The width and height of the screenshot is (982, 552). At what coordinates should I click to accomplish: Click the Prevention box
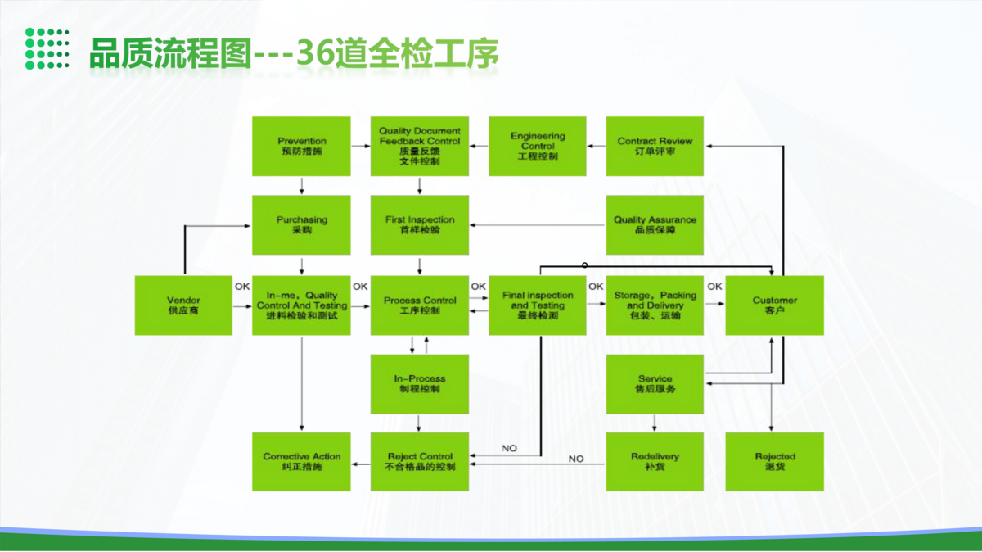pos(301,146)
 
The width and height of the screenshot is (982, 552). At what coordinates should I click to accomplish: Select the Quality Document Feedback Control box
pos(420,146)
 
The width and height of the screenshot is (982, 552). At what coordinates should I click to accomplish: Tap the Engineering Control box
pos(538,146)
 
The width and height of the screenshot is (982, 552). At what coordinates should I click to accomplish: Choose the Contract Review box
pos(655,146)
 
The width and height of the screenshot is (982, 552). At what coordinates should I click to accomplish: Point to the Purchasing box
pos(301,224)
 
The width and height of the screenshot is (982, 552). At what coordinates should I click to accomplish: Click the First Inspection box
pos(420,224)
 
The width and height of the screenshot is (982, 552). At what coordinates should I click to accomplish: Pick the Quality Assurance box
pos(655,224)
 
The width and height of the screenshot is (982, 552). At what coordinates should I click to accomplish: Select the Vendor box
pos(183,305)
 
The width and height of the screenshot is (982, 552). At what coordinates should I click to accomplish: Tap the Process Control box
pos(420,305)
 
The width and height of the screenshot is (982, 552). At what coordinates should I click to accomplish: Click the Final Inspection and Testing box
pos(538,305)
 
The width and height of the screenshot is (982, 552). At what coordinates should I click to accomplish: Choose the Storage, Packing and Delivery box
pos(655,305)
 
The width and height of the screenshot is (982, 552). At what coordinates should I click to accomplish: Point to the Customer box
pos(774,305)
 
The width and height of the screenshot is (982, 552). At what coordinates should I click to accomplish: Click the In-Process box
pos(420,383)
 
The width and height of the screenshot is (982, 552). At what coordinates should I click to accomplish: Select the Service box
pos(655,383)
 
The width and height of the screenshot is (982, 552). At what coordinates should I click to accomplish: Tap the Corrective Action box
pos(301,461)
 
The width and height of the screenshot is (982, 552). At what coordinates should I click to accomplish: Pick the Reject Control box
pos(420,461)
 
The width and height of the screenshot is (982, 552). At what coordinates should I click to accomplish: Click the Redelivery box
pos(655,461)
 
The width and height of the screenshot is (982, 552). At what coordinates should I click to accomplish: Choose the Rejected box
pos(774,461)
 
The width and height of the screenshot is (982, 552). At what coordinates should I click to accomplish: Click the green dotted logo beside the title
pos(47,48)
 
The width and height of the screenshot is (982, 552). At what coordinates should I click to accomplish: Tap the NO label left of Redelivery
pos(576,459)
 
